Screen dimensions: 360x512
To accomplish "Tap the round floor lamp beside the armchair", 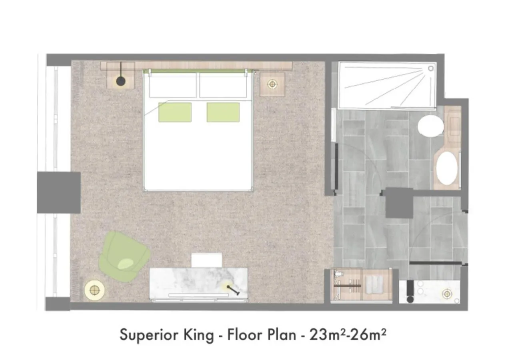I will [x=95, y=289].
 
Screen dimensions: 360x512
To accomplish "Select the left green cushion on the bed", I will [x=175, y=112].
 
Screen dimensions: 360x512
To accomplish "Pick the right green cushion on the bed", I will [x=223, y=112].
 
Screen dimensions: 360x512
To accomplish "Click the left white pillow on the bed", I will [x=173, y=85].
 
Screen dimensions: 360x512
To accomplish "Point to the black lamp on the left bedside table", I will [x=121, y=82].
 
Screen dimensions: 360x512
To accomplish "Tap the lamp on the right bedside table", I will [x=272, y=84].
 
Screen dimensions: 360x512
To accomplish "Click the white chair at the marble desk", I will [x=206, y=260].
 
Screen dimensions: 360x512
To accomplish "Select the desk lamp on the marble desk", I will [x=230, y=287].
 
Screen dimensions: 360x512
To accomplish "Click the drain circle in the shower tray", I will [x=431, y=68].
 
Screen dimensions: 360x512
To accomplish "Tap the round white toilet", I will [x=431, y=126].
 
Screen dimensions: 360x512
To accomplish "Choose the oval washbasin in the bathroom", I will [x=447, y=168].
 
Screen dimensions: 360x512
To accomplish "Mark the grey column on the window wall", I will [x=59, y=192].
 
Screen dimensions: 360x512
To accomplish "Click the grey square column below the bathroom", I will [x=399, y=203].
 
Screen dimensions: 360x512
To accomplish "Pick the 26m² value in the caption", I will [x=370, y=334].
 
